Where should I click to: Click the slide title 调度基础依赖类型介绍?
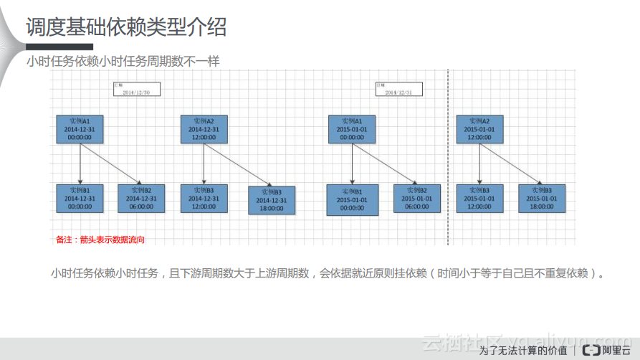click(126, 27)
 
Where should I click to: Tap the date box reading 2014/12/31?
click(398, 89)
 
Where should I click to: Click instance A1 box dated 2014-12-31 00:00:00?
click(80, 128)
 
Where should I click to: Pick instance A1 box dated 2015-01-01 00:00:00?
click(351, 128)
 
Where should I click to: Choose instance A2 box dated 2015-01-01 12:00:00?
click(480, 128)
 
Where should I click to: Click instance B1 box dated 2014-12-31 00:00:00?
click(80, 198)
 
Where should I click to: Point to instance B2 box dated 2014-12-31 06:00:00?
click(140, 198)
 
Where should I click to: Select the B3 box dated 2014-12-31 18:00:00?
click(272, 200)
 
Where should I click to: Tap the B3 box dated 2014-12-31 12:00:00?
click(204, 198)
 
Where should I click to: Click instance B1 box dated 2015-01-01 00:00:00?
click(351, 199)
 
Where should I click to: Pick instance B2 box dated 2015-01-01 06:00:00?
click(416, 198)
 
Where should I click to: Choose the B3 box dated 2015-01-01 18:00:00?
click(542, 198)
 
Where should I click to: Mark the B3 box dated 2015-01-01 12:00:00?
click(480, 198)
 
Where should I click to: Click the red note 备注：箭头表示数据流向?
click(100, 240)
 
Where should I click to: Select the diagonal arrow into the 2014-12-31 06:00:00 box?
click(110, 164)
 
